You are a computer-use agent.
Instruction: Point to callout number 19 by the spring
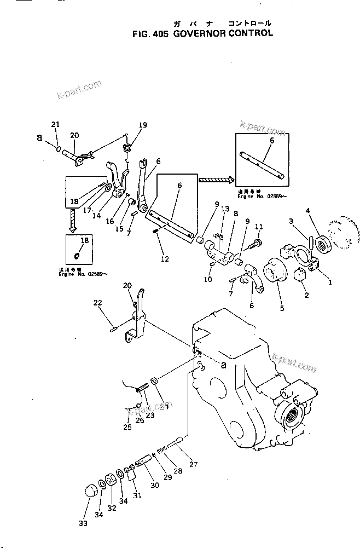143,125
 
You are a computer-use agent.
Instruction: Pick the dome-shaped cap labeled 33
90,489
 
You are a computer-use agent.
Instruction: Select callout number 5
282,308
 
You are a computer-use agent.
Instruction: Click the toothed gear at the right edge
345,235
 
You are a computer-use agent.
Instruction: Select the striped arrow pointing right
216,179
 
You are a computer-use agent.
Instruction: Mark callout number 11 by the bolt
259,226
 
